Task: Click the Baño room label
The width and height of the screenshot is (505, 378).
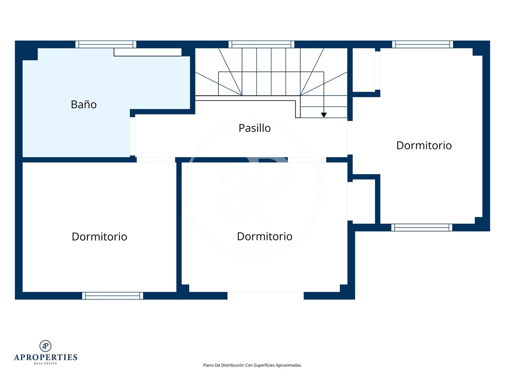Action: click(84, 104)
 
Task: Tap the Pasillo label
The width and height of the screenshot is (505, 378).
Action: click(254, 128)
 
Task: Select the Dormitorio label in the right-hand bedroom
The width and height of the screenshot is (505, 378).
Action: click(424, 145)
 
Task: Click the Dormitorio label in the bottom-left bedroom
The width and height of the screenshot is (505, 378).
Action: click(100, 237)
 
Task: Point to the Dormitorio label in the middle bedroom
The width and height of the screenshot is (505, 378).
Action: click(264, 237)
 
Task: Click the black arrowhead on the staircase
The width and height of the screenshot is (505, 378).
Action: click(324, 115)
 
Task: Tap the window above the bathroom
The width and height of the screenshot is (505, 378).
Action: click(106, 44)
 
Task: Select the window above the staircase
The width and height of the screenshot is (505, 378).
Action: click(262, 44)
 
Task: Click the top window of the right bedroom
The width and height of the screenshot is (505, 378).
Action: click(422, 44)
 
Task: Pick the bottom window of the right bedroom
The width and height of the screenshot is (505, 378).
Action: click(422, 228)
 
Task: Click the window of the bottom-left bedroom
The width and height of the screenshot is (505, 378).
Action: click(113, 296)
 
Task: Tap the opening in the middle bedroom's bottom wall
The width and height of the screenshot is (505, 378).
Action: click(265, 296)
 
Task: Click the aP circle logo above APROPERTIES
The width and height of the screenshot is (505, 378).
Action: click(45, 346)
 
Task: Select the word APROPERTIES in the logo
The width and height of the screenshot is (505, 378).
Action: click(45, 357)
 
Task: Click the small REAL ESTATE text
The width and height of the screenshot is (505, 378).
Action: click(45, 364)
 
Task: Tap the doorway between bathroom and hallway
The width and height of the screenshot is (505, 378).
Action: click(132, 136)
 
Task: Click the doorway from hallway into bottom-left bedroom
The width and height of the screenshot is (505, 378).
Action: click(156, 160)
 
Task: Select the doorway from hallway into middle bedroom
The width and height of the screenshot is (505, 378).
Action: click(307, 160)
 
